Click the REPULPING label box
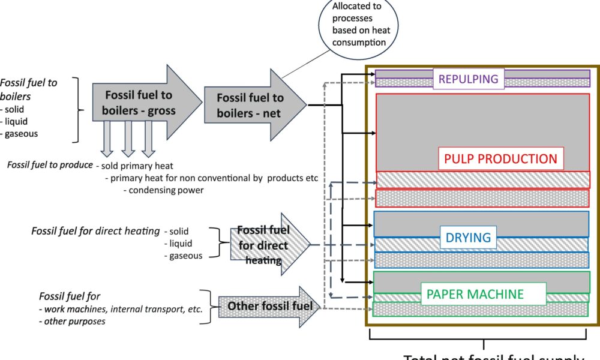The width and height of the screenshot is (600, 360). point(469,79)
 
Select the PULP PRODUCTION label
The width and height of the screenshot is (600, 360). point(500,159)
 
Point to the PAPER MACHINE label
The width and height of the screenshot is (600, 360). point(475,295)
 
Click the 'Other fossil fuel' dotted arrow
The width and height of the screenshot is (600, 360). point(270,307)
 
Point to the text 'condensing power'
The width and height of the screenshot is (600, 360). point(164,191)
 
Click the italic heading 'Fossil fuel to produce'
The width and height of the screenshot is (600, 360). point(50,165)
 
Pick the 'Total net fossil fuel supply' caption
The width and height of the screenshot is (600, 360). point(492,357)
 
